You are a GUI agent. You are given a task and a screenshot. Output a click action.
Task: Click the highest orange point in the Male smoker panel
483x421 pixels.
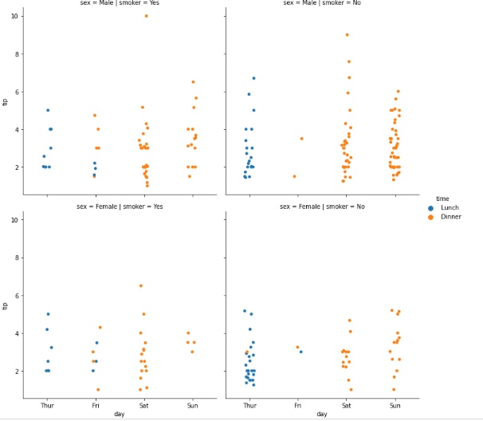(x=146, y=16)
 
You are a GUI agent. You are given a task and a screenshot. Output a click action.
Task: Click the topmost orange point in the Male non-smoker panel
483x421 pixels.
(x=347, y=35)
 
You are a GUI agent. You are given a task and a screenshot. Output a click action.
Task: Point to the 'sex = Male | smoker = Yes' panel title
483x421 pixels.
(x=120, y=3)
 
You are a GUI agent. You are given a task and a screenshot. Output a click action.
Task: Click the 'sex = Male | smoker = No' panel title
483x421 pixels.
(x=321, y=3)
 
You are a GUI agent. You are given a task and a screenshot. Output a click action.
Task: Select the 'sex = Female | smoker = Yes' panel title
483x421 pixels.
(x=120, y=207)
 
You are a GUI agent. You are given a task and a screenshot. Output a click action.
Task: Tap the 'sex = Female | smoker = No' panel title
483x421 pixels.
(x=321, y=207)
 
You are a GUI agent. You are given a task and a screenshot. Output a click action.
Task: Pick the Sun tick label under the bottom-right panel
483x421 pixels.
(x=395, y=405)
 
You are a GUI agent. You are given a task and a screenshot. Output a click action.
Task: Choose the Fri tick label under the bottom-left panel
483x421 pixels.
(x=96, y=405)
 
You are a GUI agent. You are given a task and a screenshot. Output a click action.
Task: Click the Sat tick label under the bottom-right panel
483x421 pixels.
(x=347, y=405)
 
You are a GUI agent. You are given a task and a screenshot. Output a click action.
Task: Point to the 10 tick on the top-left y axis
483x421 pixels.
(x=16, y=16)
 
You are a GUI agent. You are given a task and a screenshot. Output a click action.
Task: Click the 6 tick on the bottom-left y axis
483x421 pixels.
(x=18, y=295)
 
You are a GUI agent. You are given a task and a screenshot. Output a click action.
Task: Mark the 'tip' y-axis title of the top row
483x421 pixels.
(x=6, y=101)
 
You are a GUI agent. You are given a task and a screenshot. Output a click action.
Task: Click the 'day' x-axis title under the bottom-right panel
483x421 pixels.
(x=321, y=414)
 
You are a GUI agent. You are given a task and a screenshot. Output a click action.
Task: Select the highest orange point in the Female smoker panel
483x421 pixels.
(x=141, y=285)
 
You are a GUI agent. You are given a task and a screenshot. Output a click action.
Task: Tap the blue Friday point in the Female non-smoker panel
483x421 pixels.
(x=301, y=352)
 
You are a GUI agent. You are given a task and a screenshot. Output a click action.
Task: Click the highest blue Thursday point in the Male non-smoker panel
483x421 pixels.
(x=253, y=78)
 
